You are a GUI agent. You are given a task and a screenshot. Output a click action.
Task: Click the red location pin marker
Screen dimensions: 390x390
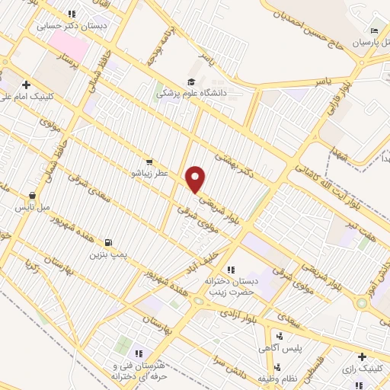point(197,179)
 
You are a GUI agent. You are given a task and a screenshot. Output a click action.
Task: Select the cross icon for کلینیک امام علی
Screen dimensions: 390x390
point(26,85)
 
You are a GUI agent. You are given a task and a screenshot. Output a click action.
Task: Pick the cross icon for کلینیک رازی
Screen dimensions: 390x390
point(362,356)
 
